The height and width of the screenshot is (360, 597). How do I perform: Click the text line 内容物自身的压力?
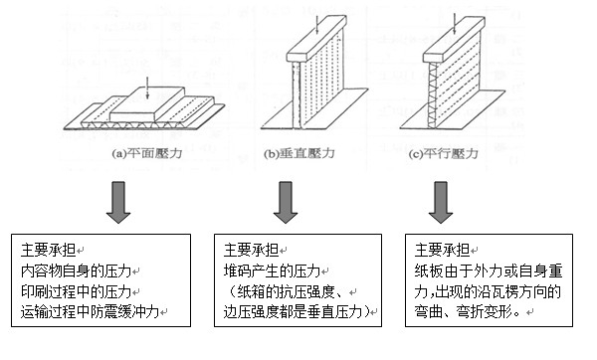coord(76,271)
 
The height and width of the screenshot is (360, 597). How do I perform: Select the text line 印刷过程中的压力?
coord(76,290)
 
